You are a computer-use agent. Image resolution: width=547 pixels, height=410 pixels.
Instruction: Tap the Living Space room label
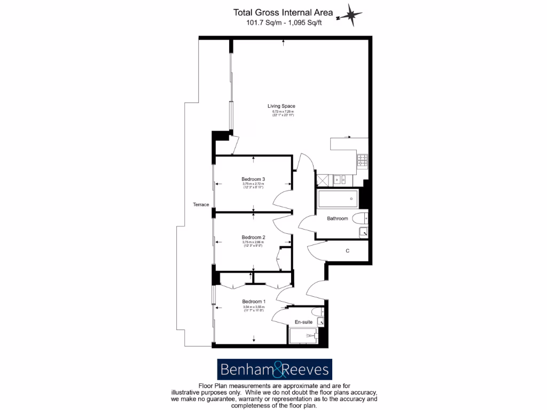pos(281,106)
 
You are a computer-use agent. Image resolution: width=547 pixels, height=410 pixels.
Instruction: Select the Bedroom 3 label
pos(253,179)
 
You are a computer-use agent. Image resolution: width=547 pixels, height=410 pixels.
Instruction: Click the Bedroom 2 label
pos(253,238)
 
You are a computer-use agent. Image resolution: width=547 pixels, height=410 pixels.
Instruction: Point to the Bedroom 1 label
pos(253,302)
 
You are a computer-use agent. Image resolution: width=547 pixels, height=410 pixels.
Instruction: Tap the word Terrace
pos(201,204)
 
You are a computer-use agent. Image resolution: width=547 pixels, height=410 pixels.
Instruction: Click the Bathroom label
pos(338,218)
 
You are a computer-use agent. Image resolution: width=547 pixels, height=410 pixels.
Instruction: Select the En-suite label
pos(303,322)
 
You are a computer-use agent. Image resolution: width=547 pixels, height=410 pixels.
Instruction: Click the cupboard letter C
pos(348,250)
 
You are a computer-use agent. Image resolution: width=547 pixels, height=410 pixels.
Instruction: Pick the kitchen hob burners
pos(363,159)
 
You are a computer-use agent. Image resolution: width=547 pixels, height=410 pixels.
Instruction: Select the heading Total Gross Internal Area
pos(283,12)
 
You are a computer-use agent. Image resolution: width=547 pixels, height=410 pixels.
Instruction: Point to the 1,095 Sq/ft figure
pos(307,22)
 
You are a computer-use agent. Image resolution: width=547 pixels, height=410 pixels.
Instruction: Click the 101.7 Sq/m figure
pos(261,22)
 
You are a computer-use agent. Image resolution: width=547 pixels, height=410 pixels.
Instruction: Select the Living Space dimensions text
pos(281,113)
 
